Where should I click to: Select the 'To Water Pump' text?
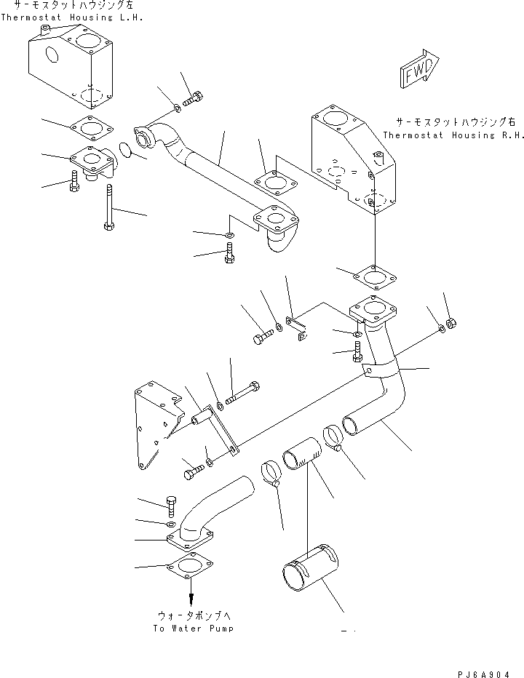click(193, 628)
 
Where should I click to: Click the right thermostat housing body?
click(355, 160)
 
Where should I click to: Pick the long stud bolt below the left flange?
click(108, 207)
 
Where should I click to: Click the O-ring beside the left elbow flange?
click(125, 151)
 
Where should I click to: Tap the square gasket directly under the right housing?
click(373, 279)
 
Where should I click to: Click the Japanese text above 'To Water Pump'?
click(193, 613)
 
